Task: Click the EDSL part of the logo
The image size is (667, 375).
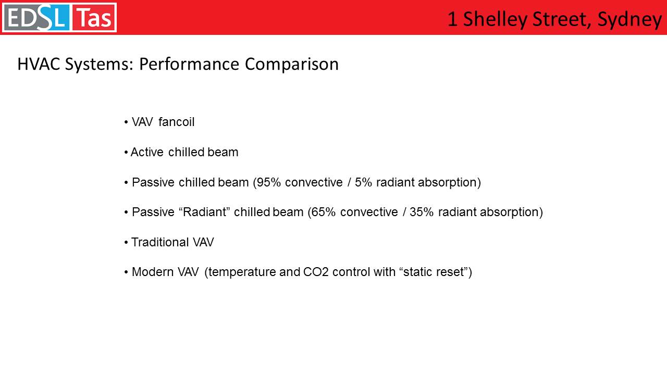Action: coord(37,18)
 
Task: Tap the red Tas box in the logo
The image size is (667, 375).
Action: coord(93,18)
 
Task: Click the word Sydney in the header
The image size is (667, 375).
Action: coord(629,20)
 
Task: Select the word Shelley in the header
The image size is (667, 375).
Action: coord(495,20)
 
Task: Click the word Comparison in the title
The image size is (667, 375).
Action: coord(292,65)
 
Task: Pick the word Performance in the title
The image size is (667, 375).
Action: coord(189,64)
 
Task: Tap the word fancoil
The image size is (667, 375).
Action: coord(176,122)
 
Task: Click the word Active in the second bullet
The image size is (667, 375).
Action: coord(147,152)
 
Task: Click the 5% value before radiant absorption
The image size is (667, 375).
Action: coord(363,182)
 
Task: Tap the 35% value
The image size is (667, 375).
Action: coord(422,212)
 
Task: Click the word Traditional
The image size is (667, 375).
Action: coord(160,242)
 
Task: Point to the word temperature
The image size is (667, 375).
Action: coord(242,272)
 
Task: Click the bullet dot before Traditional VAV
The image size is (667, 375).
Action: coord(126,242)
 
